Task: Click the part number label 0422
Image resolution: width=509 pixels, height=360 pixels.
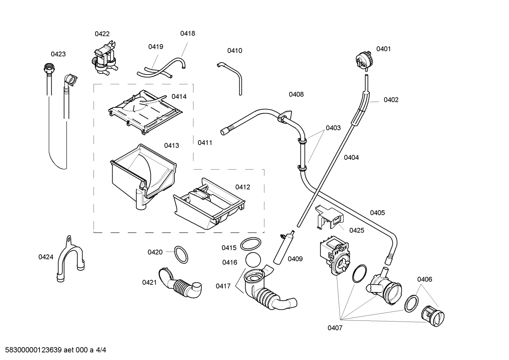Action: tap(102, 34)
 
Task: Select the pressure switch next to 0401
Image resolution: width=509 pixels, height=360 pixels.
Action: tap(364, 59)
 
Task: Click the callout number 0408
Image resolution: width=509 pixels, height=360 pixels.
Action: tap(296, 94)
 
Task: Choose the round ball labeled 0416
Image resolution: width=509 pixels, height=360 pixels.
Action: tap(253, 260)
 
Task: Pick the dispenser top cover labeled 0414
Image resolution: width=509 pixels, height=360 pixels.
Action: tap(145, 111)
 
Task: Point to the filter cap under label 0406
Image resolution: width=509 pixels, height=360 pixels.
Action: tap(433, 314)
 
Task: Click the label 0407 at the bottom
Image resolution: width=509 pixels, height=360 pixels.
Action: tap(335, 328)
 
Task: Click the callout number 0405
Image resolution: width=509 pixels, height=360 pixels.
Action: tap(377, 213)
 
